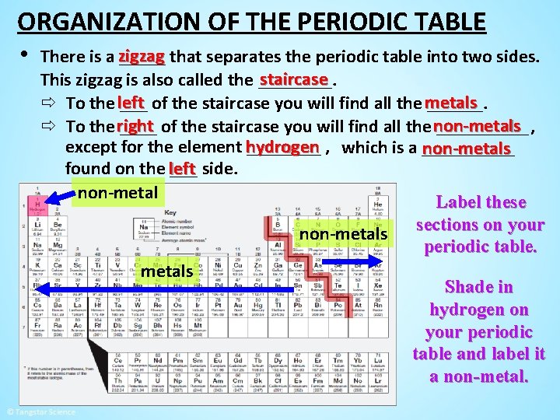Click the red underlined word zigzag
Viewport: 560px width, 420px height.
click(141, 57)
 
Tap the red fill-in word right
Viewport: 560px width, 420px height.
click(135, 125)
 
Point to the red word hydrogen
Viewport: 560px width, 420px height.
click(282, 147)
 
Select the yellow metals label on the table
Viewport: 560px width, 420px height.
click(166, 271)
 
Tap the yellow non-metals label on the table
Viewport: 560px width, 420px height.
click(343, 234)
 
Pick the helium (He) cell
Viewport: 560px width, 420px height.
click(377, 204)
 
